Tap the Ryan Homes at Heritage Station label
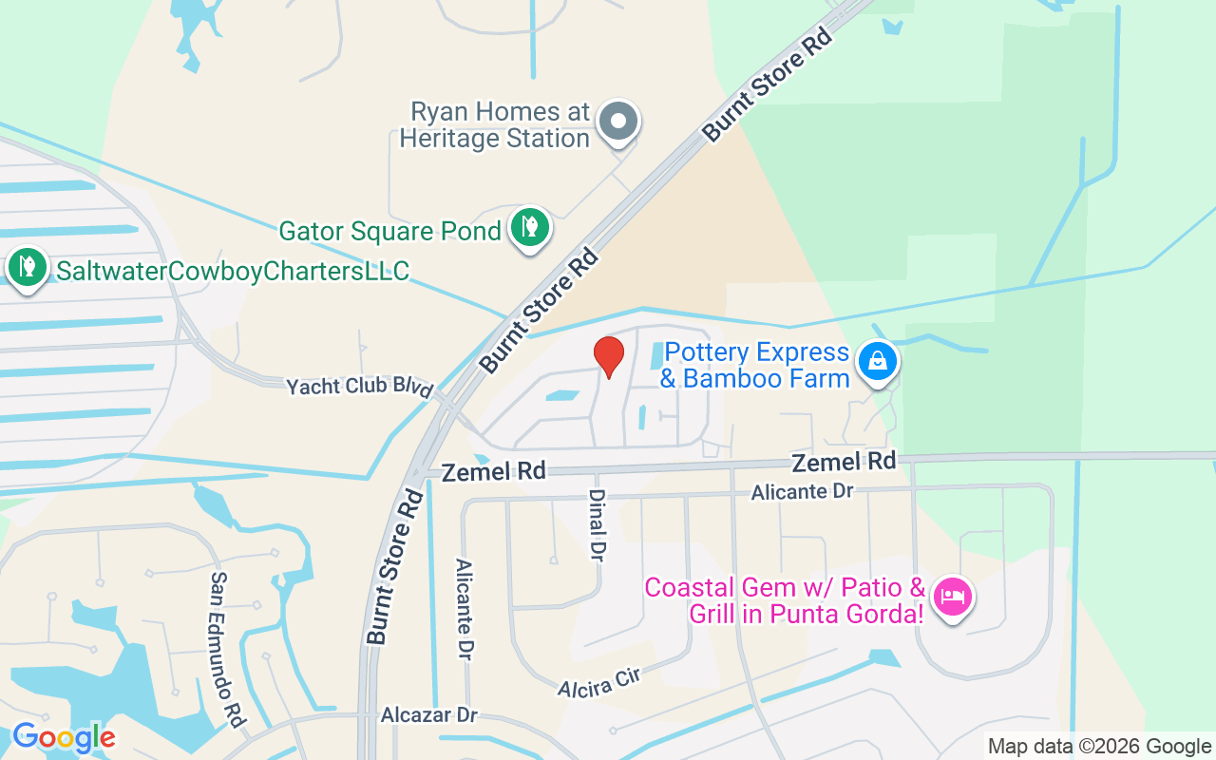(494, 125)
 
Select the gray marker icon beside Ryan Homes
(619, 123)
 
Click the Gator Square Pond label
(389, 231)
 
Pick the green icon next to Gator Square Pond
(529, 228)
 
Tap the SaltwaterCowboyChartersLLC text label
(233, 272)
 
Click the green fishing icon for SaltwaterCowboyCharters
(28, 267)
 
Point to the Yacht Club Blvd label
(360, 387)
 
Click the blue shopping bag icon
(878, 362)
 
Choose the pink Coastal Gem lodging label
(784, 600)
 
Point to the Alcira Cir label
(600, 681)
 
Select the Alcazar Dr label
(428, 714)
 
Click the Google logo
(64, 737)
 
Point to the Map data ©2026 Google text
(1098, 747)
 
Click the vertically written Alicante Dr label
(465, 609)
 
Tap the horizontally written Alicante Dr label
(802, 492)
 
